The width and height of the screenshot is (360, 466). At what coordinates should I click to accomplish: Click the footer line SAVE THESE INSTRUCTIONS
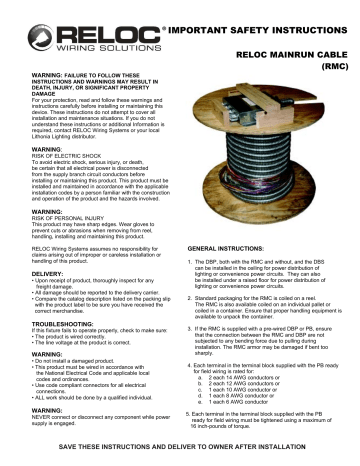pyautogui.click(x=180, y=454)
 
